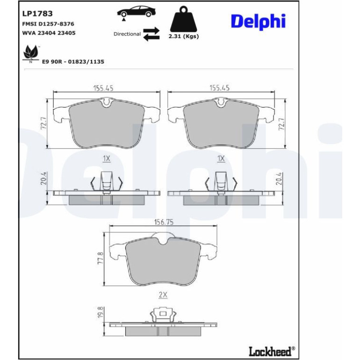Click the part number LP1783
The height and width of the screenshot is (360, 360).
coord(37,14)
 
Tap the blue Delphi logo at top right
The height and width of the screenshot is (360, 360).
coord(258,22)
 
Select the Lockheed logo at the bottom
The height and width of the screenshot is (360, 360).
coord(272,351)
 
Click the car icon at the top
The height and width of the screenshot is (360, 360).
coord(136,12)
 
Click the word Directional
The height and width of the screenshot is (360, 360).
coord(127,34)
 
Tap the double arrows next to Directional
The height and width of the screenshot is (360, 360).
coord(151,34)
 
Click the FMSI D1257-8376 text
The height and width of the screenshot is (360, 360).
coord(48,24)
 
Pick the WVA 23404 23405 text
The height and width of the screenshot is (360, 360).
coord(49,33)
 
